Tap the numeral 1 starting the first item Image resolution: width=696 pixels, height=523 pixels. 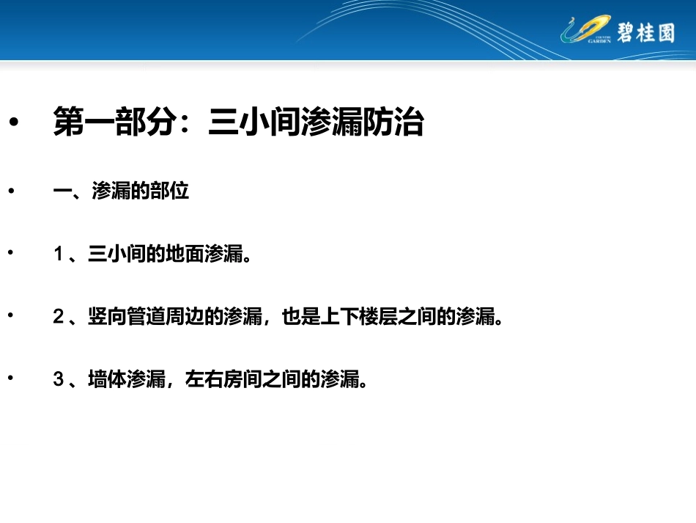59,255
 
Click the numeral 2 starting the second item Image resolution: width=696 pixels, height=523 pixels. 59,318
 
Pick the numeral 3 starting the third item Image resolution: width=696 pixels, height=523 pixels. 59,380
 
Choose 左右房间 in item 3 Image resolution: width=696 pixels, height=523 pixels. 223,380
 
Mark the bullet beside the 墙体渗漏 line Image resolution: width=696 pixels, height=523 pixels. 11,378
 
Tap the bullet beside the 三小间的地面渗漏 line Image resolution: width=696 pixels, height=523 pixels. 11,252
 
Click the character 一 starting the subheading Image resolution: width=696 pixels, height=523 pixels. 62,191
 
